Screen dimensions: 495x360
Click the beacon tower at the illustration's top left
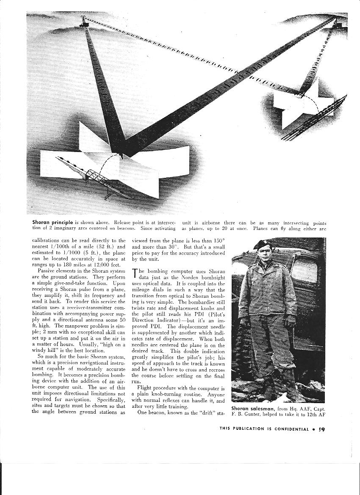pos(85,21)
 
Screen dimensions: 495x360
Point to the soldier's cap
pos(261,244)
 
